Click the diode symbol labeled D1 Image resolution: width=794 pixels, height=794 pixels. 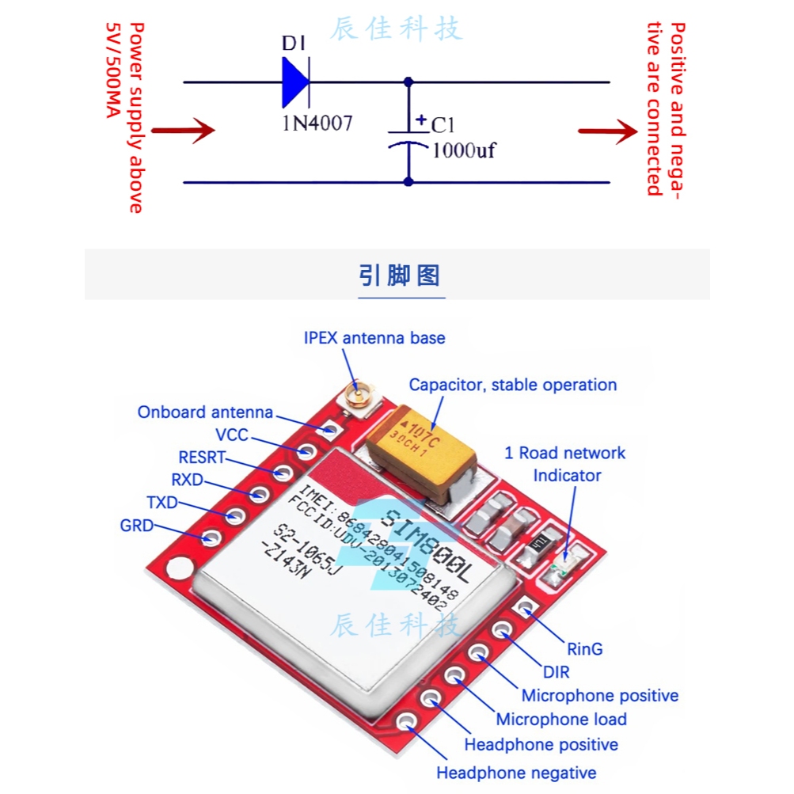295,82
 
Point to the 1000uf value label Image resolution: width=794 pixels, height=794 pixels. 463,150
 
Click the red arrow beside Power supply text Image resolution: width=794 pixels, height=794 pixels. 183,131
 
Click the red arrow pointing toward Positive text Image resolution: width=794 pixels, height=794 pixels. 607,131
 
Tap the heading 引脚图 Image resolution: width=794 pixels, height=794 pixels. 399,275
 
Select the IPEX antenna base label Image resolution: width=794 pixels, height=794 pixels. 374,338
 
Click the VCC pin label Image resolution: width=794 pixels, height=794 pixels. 231,435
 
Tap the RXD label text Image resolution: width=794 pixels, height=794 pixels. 187,480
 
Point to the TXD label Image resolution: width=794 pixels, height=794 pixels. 161,503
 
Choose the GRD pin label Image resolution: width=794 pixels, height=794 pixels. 136,526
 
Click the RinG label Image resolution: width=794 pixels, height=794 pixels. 585,649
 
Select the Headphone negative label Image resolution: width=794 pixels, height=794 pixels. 516,773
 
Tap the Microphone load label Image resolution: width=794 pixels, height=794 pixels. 561,720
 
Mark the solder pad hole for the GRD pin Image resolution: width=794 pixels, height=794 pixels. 210,538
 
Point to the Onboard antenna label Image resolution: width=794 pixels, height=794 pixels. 205,412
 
